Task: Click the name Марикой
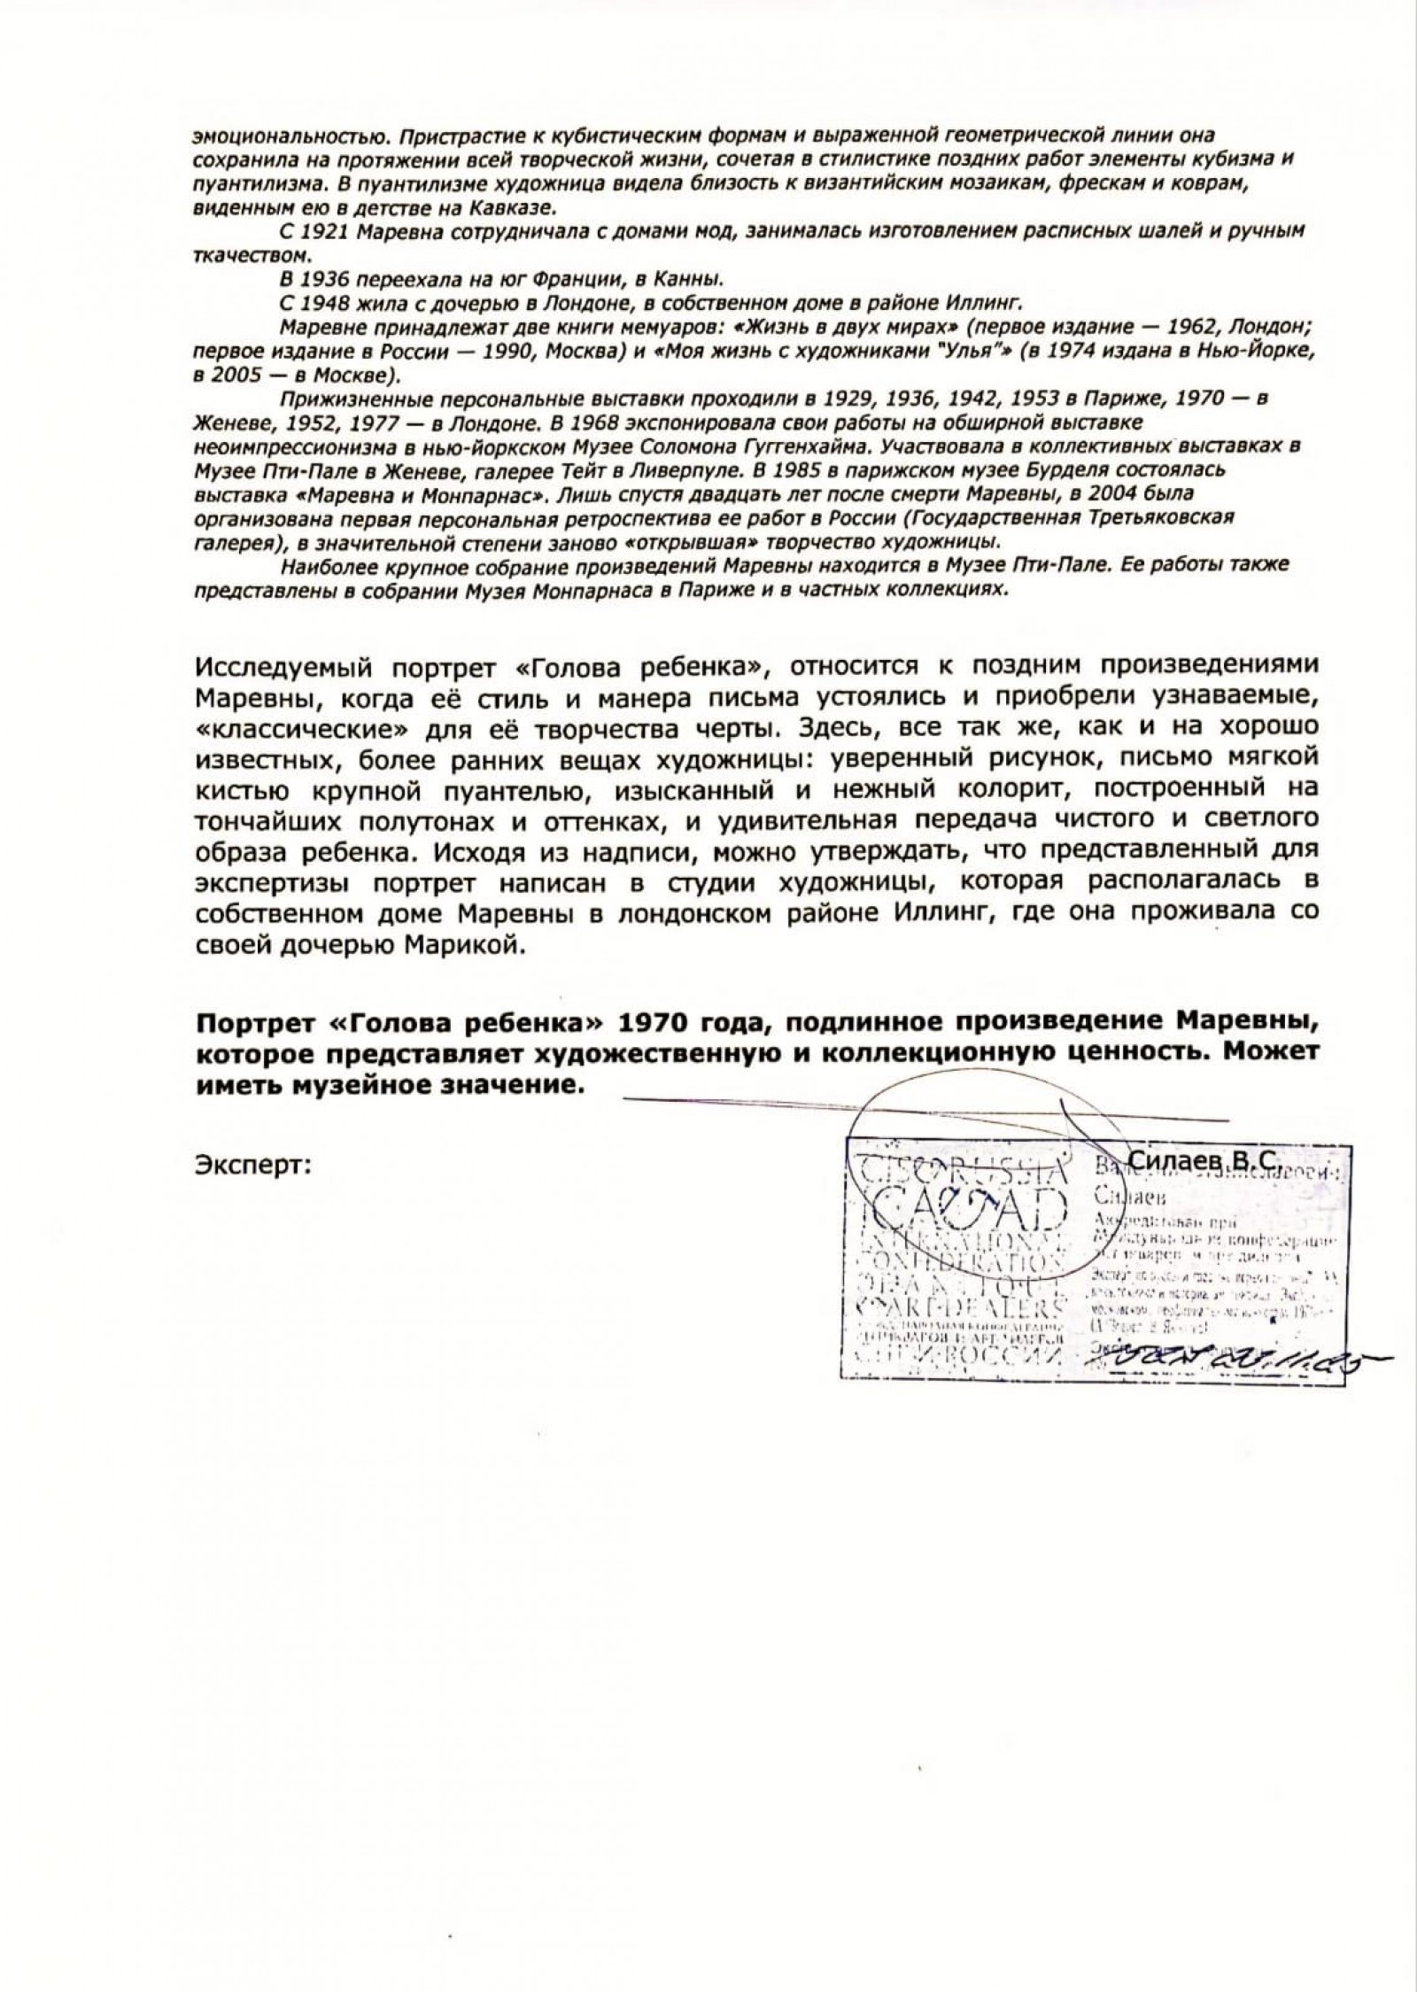[459, 945]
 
